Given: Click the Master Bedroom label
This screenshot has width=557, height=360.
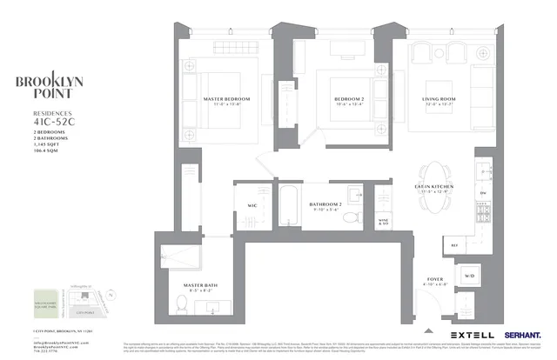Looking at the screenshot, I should [225, 99].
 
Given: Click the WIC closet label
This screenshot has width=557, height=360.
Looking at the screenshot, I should [252, 205].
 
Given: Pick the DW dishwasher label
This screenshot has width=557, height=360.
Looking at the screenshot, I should [482, 193].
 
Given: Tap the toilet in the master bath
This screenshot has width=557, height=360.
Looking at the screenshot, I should [182, 303].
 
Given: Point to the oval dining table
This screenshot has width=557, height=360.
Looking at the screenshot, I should [433, 180].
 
